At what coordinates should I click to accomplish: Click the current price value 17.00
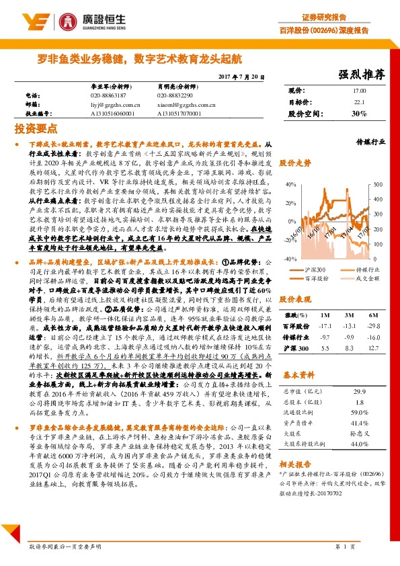359,91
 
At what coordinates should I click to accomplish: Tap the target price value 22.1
359,102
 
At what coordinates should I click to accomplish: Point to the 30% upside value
359,114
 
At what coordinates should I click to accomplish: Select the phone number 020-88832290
176,95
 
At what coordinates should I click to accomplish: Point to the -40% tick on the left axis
289,258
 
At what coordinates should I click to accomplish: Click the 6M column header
370,315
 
